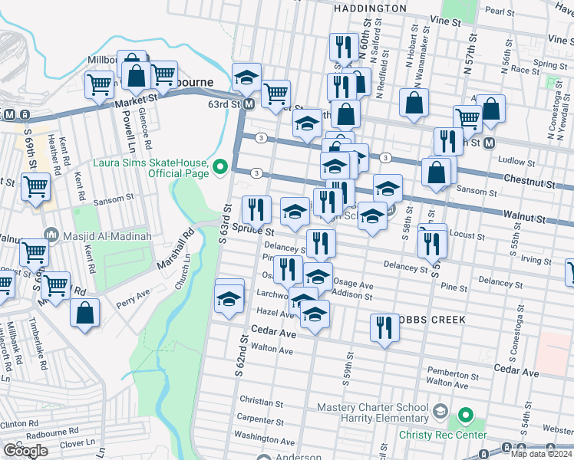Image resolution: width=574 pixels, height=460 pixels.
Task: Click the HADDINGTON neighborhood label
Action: (x=370, y=8)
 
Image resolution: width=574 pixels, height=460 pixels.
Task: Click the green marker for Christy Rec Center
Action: (x=464, y=417)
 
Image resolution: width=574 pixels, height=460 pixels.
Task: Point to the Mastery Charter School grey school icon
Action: (x=438, y=412)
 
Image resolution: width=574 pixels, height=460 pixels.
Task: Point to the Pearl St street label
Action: (x=520, y=11)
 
